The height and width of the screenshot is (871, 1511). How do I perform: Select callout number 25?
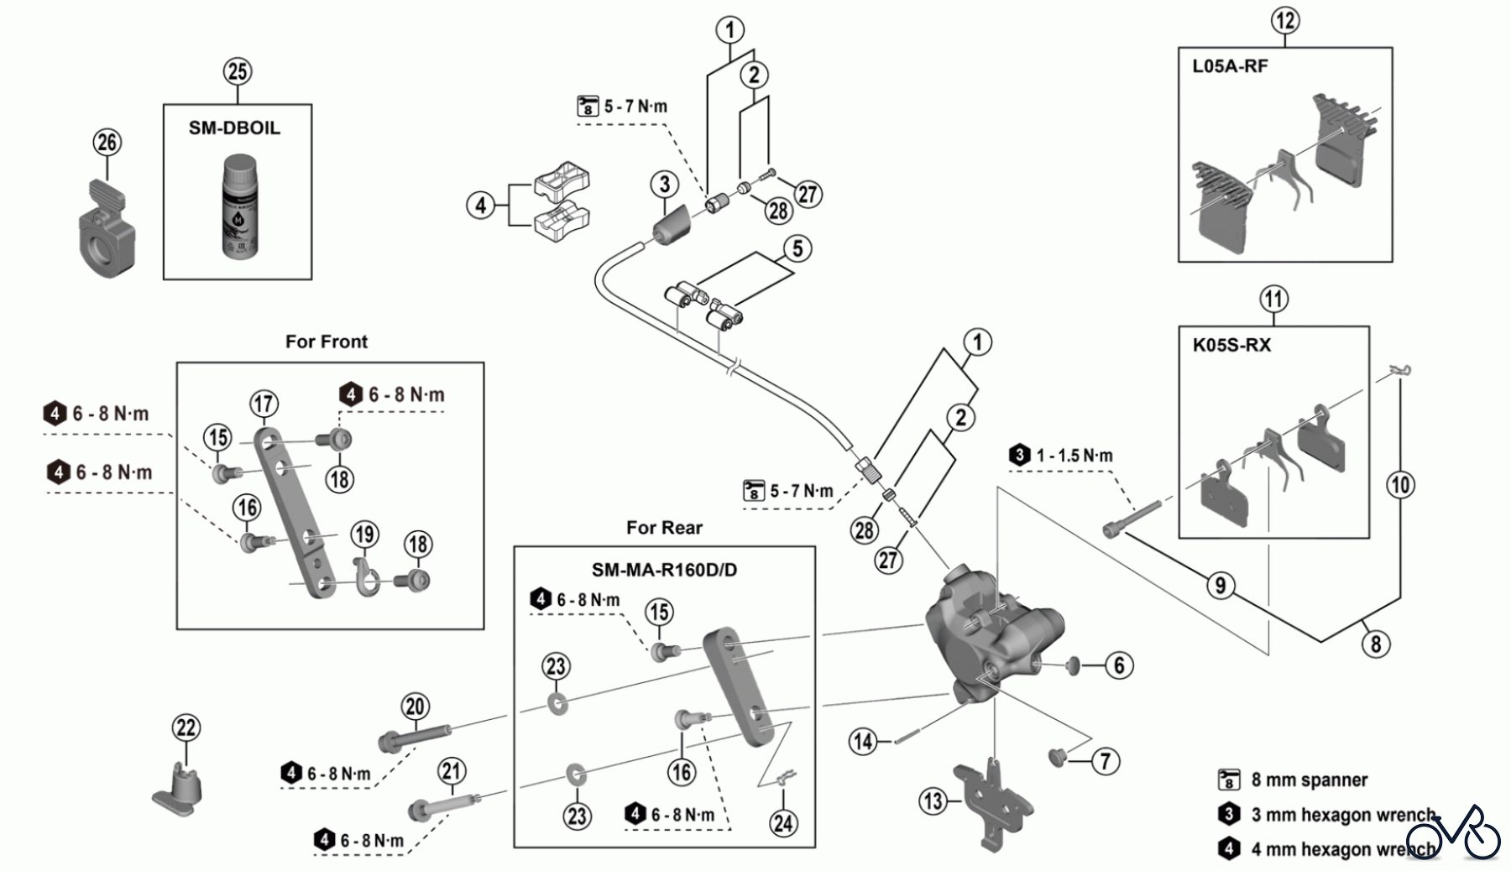pos(238,71)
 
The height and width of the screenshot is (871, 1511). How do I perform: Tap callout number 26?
pos(107,143)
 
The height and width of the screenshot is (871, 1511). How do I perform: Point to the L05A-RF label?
pos(1230,66)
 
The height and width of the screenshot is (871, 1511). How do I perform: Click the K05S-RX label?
pos(1231,345)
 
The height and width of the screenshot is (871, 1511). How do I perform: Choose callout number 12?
pos(1284,20)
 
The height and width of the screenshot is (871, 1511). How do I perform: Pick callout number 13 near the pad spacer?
pos(933,801)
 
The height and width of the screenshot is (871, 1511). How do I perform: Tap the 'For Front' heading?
pos(327,342)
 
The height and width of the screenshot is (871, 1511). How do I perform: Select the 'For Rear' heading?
pos(664,528)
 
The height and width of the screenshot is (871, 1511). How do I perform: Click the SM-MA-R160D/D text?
pos(664,571)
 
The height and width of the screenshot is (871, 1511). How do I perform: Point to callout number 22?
pos(186,728)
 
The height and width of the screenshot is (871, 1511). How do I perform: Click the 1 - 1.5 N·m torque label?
pos(1074,456)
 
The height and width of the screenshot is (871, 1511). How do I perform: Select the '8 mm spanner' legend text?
pos(1309,780)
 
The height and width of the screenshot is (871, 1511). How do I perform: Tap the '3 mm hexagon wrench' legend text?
pos(1343,814)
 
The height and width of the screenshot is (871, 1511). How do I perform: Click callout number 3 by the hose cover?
pos(664,184)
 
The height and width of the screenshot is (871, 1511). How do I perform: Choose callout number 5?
pos(797,248)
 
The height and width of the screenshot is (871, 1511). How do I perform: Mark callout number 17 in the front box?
pos(264,404)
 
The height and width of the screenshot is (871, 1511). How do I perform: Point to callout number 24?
pos(783,823)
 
